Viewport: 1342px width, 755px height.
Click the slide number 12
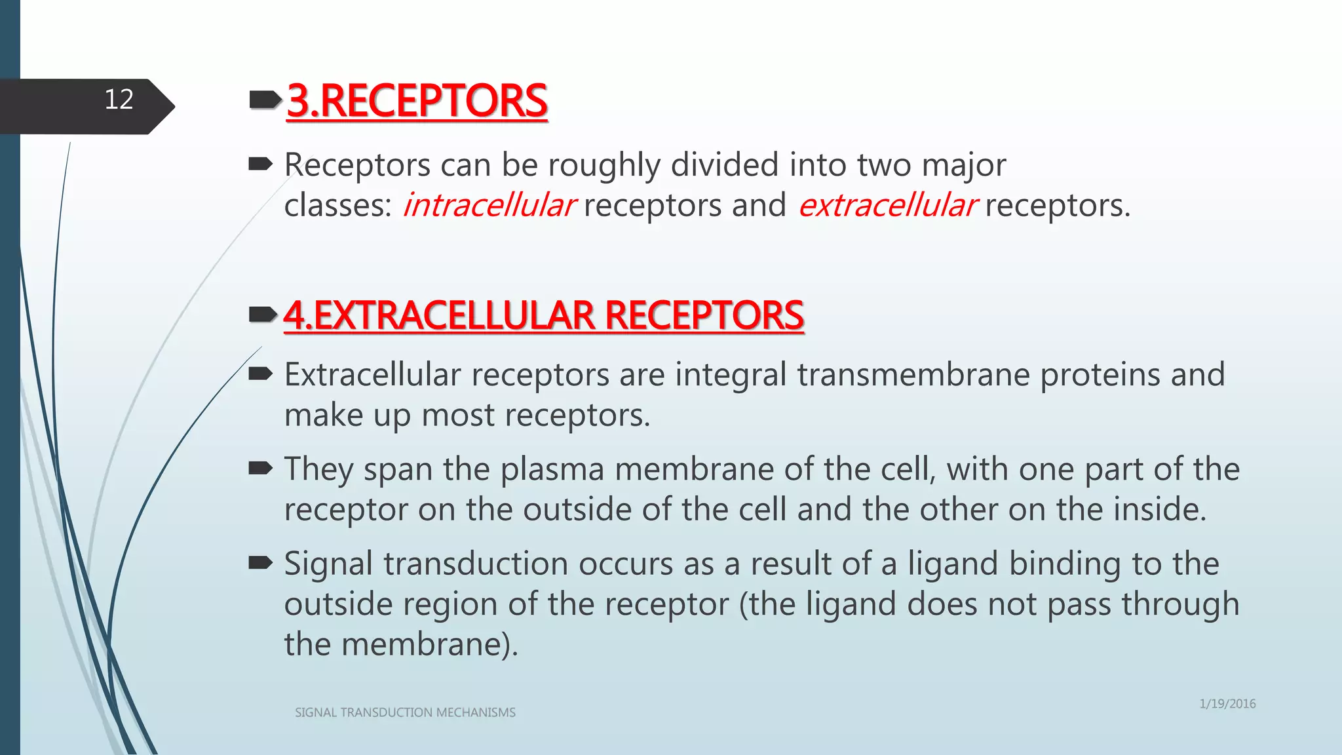click(119, 100)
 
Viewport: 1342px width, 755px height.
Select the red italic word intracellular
click(489, 205)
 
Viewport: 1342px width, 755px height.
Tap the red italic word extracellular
click(888, 205)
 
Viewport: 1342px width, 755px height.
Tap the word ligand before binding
click(952, 564)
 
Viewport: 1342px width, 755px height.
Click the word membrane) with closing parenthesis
click(430, 644)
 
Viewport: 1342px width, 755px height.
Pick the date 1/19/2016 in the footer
click(1227, 704)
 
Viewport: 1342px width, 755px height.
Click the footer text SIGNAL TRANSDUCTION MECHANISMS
click(405, 712)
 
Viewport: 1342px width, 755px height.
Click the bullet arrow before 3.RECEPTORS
click(265, 100)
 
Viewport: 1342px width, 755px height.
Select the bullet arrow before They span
click(261, 469)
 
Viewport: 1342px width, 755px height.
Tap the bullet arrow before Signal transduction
click(261, 563)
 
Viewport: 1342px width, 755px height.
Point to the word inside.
click(1160, 509)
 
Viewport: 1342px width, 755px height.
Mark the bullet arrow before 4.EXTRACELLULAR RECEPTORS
click(263, 315)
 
